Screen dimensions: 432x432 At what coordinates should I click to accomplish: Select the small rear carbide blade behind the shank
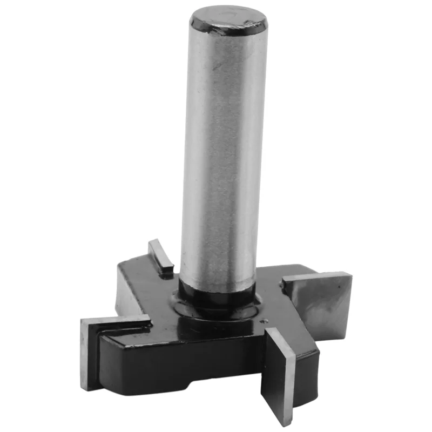coord(160,255)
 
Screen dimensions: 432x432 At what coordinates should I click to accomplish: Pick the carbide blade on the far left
coord(89,351)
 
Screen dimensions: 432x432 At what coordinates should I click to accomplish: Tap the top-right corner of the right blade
coord(351,273)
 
